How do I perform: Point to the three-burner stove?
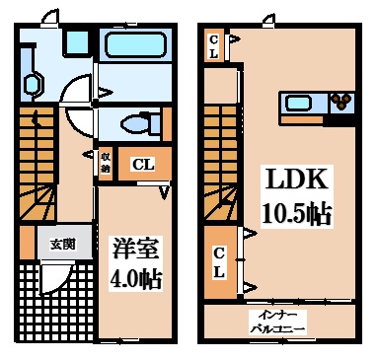tap(340, 101)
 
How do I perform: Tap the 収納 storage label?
tap(105, 163)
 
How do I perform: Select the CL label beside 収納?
tap(142, 164)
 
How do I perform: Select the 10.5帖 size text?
tap(295, 212)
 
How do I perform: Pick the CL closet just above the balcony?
tap(219, 261)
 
